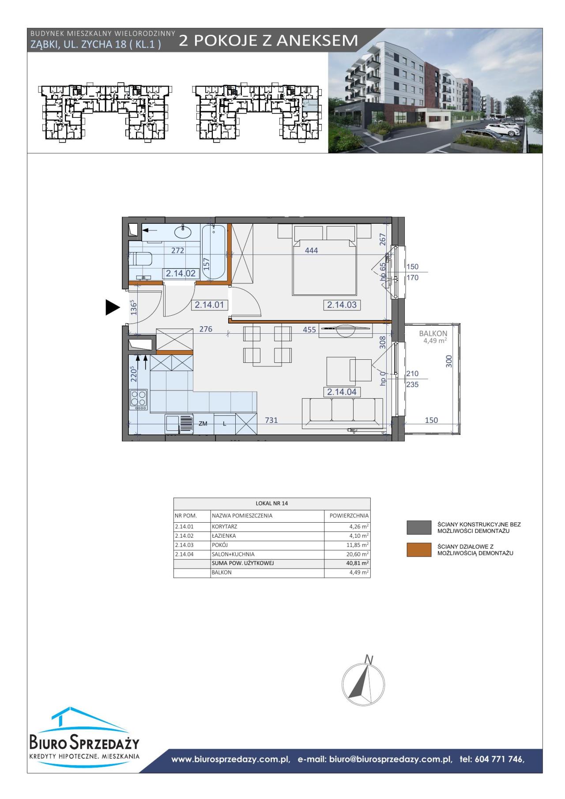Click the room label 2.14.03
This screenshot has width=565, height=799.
[342, 305]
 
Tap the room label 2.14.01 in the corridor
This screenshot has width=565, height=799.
[209, 305]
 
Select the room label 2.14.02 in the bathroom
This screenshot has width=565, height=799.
[181, 274]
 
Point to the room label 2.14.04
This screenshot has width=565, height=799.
[342, 392]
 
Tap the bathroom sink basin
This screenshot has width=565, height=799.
[182, 231]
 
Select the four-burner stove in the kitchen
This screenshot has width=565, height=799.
[139, 399]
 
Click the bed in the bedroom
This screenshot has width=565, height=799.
[324, 260]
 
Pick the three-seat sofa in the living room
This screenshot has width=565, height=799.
[342, 413]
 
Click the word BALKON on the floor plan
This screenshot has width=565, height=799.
[433, 334]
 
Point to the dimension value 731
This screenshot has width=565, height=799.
[271, 420]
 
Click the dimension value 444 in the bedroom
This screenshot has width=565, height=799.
[312, 250]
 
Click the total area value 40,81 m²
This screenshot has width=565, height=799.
[358, 563]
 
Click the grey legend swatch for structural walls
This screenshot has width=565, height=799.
[419, 527]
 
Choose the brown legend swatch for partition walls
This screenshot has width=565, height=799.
[419, 550]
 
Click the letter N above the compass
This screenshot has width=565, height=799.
[369, 660]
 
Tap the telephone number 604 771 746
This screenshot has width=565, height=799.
[498, 759]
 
